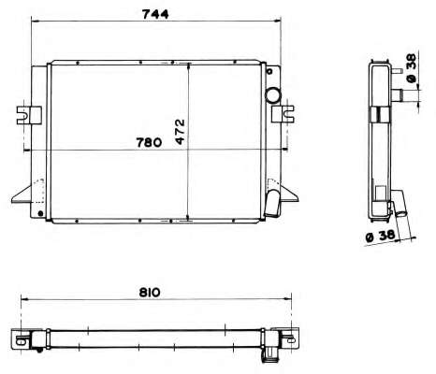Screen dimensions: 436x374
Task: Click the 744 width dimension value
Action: (155, 14)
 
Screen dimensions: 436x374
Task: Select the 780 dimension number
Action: (149, 142)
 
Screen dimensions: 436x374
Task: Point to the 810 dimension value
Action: (150, 293)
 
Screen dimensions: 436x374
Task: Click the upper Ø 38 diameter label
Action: (412, 68)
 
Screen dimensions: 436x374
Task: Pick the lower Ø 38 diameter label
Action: (381, 236)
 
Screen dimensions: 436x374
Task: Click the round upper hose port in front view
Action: (273, 94)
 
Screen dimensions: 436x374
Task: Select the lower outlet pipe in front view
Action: (272, 203)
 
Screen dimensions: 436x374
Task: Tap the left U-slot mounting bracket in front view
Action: (29, 115)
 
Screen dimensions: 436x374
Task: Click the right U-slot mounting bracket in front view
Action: (283, 114)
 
